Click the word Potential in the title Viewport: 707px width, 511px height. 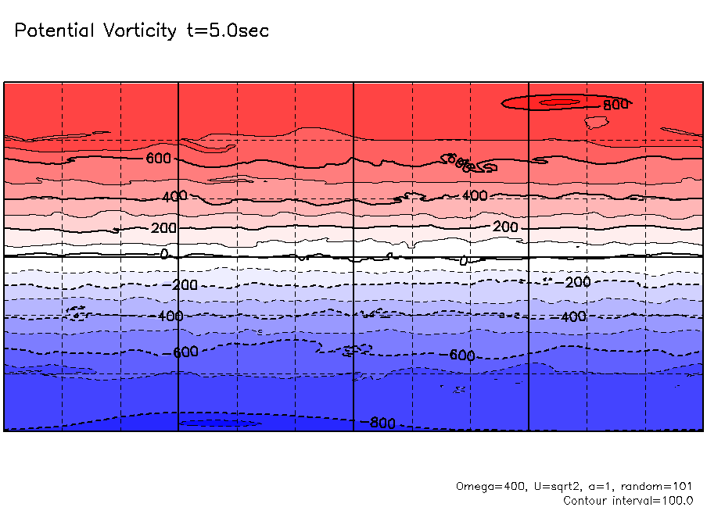click(53, 31)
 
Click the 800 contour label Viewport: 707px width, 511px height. click(615, 104)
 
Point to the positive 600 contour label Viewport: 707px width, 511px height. click(158, 159)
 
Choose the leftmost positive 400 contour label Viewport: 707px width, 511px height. click(174, 195)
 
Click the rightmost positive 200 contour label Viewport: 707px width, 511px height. click(505, 227)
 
